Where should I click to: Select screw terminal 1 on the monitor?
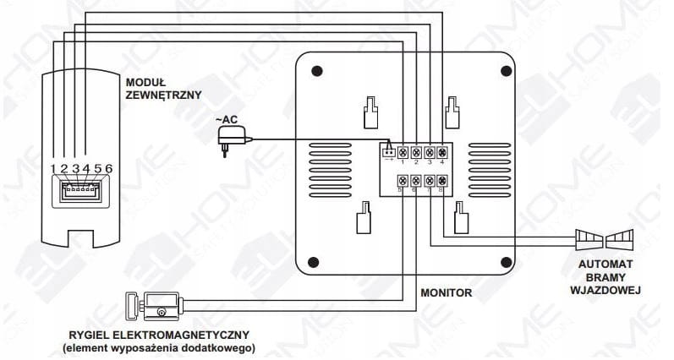coord(403,152)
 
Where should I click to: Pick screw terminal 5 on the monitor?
coord(403,180)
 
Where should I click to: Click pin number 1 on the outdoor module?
coord(53,168)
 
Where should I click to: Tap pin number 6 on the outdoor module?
coord(109,168)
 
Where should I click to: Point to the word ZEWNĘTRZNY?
coord(163,96)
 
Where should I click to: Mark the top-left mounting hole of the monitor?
coord(315,72)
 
